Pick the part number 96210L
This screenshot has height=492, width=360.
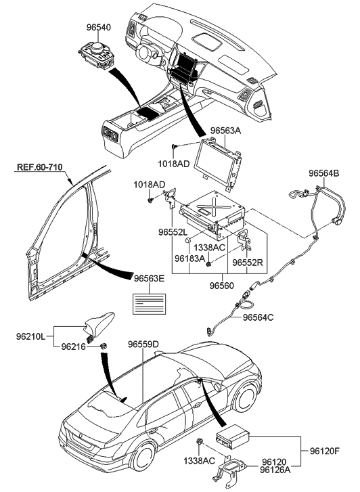click(x=30, y=336)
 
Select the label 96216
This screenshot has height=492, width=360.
click(x=74, y=348)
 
